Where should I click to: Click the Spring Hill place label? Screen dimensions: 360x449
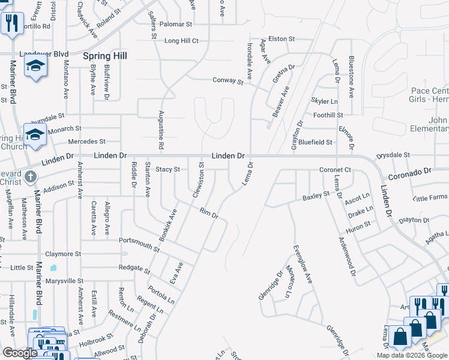click(x=105, y=56)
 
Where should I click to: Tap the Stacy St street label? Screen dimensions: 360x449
click(x=168, y=170)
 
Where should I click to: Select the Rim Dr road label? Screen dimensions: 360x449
click(x=208, y=213)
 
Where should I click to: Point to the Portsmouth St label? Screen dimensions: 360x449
click(x=139, y=242)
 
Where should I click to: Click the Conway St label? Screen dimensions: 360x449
click(x=228, y=81)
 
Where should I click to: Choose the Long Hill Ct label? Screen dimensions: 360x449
click(x=181, y=41)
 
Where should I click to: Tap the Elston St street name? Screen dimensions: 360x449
click(x=282, y=39)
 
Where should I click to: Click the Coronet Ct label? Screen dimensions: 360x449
click(x=335, y=170)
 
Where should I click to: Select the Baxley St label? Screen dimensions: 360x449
click(x=316, y=196)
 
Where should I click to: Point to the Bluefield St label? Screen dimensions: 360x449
click(x=316, y=142)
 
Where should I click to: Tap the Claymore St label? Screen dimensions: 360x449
click(x=62, y=254)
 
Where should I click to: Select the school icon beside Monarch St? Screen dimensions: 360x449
click(x=35, y=136)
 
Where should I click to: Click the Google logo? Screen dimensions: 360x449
click(x=20, y=353)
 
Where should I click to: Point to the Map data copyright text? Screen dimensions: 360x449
click(x=412, y=355)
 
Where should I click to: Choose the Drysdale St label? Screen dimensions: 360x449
click(x=393, y=155)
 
